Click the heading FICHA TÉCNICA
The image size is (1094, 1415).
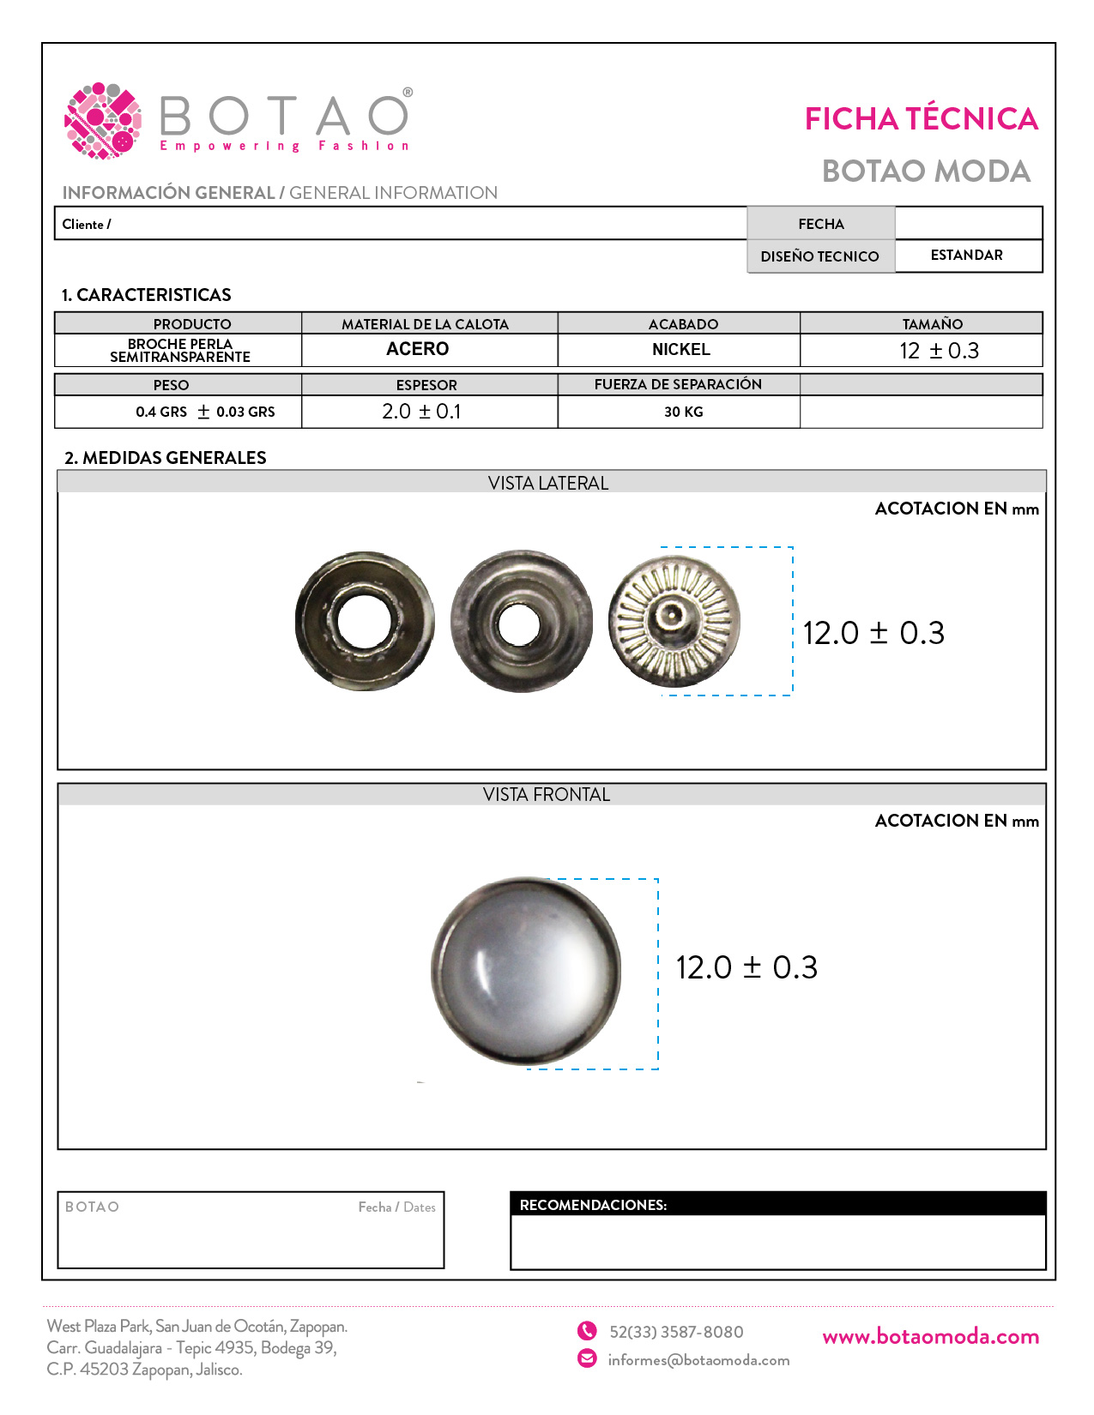click(x=921, y=119)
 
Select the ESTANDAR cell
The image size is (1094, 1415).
click(x=966, y=256)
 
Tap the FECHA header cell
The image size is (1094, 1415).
click(x=820, y=224)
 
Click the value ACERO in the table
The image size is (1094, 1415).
click(x=418, y=349)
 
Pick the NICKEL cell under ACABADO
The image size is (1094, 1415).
click(x=680, y=350)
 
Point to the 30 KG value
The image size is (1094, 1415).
click(x=683, y=412)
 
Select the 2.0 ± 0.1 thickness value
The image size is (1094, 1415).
click(x=421, y=412)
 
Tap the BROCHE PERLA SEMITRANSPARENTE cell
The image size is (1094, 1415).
click(x=180, y=350)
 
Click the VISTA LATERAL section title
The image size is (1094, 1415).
click(x=548, y=483)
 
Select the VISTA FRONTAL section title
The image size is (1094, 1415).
click(x=547, y=794)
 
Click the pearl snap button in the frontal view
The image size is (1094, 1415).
click(x=525, y=971)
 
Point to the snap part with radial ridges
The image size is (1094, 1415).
click(x=674, y=621)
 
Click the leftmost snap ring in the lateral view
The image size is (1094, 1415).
click(x=365, y=621)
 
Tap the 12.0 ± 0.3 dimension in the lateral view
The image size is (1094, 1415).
click(x=873, y=633)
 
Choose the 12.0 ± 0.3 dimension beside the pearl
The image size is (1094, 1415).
click(x=746, y=967)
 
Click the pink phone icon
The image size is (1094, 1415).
click(x=587, y=1331)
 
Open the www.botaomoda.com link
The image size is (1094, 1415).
click(x=930, y=1336)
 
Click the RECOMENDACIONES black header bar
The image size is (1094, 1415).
click(x=777, y=1204)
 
